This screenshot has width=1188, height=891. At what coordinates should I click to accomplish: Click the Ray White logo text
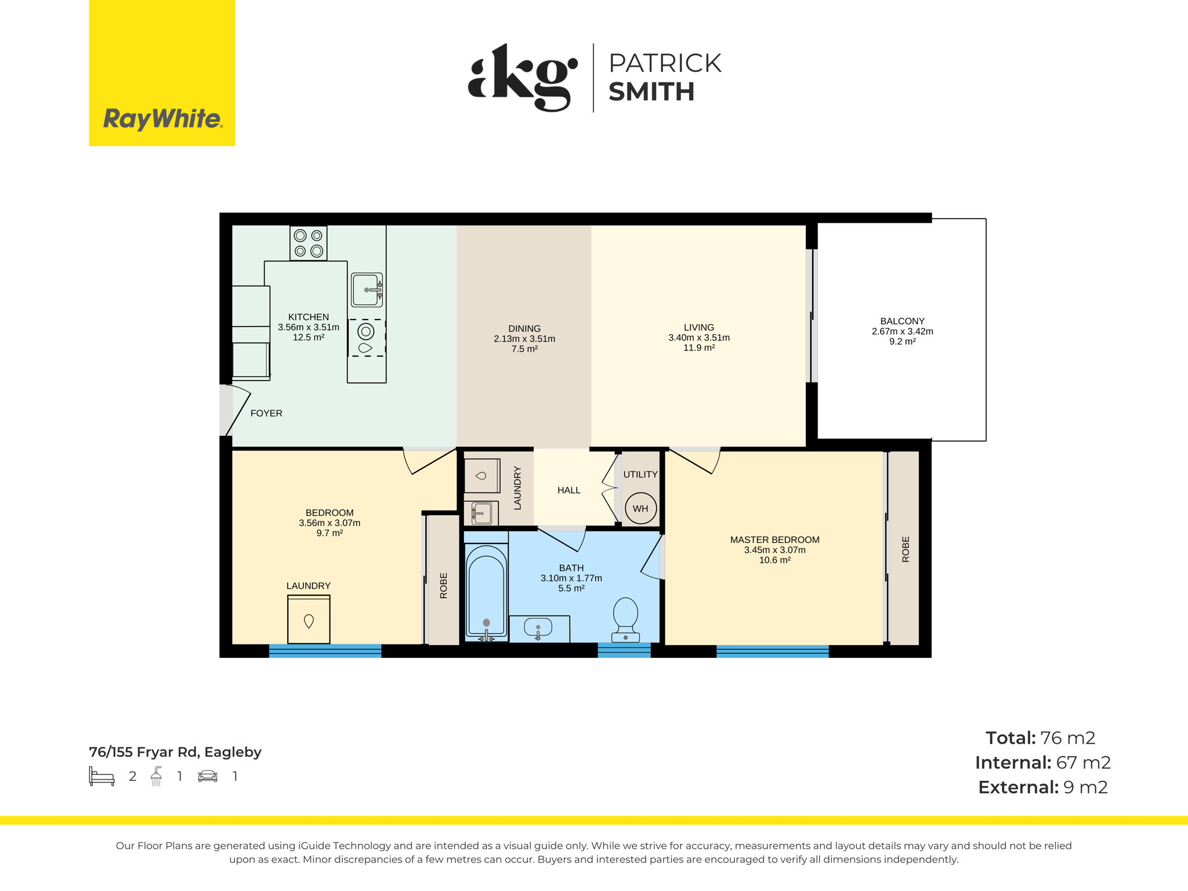(x=163, y=119)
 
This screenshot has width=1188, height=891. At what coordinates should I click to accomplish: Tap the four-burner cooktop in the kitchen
(x=309, y=243)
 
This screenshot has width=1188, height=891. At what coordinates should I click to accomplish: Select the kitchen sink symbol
(x=367, y=289)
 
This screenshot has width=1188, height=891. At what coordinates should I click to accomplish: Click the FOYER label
(x=266, y=413)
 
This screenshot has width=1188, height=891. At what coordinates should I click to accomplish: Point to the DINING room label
(x=524, y=328)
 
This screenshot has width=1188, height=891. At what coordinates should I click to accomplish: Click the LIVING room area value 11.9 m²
(x=699, y=348)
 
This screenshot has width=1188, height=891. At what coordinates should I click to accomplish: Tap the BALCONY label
(x=902, y=321)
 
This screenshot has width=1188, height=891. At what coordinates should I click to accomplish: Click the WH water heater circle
(x=640, y=508)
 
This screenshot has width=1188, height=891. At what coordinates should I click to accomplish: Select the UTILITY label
(x=640, y=474)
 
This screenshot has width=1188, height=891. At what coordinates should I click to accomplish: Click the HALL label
(x=569, y=490)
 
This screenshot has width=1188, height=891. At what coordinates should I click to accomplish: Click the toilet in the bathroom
(x=625, y=620)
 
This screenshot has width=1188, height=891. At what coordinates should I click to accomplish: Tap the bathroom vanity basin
(x=538, y=628)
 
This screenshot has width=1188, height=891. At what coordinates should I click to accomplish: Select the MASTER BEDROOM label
(x=774, y=539)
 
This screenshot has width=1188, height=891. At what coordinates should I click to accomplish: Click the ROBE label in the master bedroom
(x=906, y=549)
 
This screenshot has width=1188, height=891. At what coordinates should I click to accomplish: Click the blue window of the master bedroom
(x=773, y=651)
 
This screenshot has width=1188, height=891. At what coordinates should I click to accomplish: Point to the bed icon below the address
(x=102, y=776)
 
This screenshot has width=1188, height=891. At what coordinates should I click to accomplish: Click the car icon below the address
(x=208, y=776)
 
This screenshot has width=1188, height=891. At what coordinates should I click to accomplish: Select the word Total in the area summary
(x=1010, y=738)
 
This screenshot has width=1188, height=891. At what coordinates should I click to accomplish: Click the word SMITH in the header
(x=651, y=92)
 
